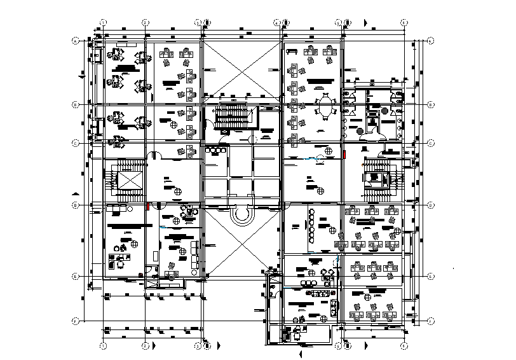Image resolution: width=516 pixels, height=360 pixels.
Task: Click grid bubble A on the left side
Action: pos(76,41)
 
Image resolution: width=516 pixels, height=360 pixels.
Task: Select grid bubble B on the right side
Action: pos(430,104)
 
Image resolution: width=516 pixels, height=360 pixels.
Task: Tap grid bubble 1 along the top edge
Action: pos(103,22)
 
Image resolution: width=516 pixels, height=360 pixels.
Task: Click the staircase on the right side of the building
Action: pos(380,175)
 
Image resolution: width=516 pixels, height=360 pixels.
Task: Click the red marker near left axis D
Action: pos(147,205)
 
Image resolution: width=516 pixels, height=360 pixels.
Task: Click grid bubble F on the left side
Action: pos(76,320)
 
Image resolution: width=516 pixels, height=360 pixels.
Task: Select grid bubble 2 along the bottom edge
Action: pos(145,345)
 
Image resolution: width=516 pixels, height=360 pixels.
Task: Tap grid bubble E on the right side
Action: pos(430,276)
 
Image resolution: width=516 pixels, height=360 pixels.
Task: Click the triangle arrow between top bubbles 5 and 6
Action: pos(365,22)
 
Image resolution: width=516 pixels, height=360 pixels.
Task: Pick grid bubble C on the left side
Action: pos(76,142)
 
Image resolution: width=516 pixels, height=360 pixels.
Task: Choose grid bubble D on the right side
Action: pos(430,205)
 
